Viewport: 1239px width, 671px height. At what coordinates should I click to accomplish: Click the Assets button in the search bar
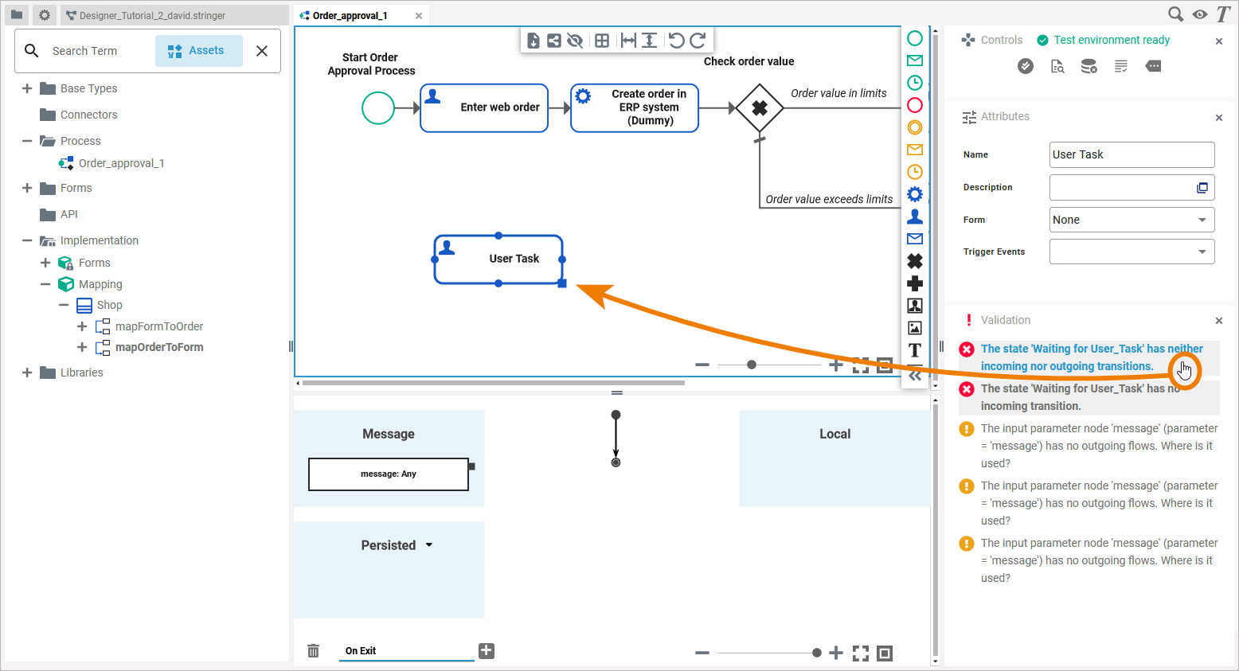point(198,51)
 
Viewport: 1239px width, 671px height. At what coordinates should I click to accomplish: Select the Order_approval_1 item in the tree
point(121,163)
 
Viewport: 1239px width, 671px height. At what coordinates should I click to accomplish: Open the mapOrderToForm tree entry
point(158,347)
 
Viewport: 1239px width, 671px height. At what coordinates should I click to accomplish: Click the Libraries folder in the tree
point(81,373)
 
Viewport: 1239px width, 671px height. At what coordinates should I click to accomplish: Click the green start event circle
point(378,108)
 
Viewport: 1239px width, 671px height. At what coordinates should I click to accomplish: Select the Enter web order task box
point(484,108)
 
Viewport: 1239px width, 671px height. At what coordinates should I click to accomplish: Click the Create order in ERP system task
point(635,108)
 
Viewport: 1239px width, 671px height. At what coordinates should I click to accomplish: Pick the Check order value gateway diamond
point(760,108)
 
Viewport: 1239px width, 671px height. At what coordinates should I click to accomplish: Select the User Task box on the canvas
point(498,259)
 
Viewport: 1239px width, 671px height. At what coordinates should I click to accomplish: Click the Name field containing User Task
point(1132,154)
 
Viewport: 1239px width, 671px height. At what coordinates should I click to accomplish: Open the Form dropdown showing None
point(1132,220)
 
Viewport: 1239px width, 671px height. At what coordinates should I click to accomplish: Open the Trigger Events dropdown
point(1132,252)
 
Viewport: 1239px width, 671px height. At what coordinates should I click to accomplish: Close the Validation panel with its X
point(1219,321)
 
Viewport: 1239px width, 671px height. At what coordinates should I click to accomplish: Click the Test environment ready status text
point(1112,40)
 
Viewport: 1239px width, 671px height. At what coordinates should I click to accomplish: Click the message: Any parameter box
point(389,474)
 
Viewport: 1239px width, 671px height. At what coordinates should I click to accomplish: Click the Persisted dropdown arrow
point(429,545)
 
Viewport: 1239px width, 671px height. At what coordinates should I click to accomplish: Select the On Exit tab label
point(361,651)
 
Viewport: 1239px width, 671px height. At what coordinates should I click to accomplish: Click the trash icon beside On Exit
point(314,651)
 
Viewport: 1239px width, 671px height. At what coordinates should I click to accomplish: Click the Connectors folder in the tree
point(88,115)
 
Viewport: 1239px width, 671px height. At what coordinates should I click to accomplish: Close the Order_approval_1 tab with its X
point(419,16)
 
